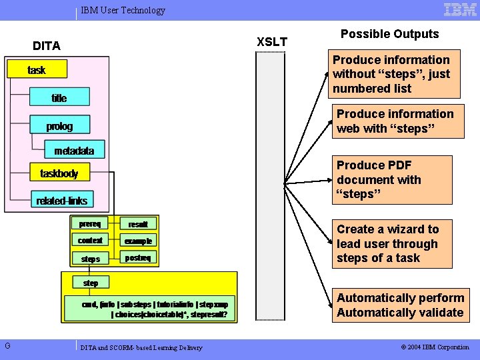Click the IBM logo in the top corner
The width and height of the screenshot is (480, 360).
460,9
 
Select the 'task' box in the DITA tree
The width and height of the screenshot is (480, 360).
37,70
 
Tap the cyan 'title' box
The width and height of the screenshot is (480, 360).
59,98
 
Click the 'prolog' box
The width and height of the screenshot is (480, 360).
59,126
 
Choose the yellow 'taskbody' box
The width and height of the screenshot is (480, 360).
59,173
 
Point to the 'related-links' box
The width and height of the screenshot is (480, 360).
62,200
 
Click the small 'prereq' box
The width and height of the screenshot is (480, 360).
90,224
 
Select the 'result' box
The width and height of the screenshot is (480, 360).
138,225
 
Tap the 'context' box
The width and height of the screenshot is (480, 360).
90,241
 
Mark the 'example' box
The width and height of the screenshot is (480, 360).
138,241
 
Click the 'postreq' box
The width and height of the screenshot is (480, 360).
138,258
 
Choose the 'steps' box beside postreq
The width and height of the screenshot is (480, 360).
90,258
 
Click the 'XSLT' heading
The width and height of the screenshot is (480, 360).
272,42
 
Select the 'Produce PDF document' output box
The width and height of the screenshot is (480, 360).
385,179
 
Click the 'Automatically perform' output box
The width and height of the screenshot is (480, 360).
399,305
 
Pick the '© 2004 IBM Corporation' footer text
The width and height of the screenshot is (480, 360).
435,347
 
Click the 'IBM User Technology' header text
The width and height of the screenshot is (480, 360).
123,10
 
